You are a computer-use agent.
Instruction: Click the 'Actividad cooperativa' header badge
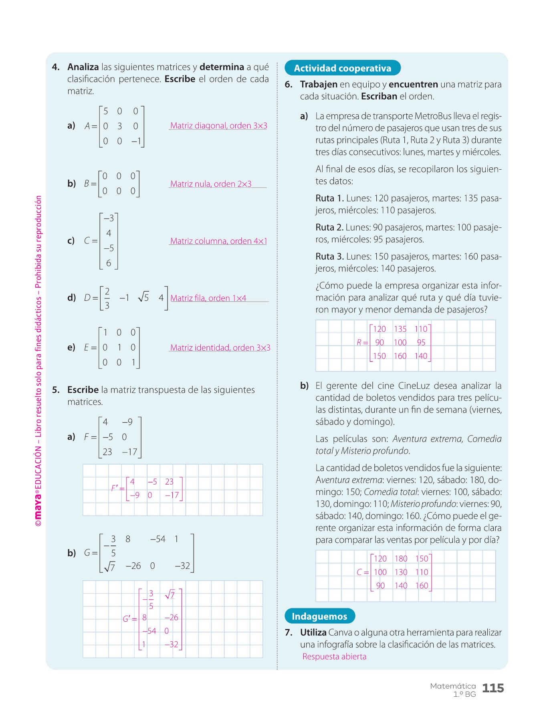tap(342, 68)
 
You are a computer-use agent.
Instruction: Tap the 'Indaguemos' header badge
tap(319, 617)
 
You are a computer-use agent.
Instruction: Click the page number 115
tap(493, 688)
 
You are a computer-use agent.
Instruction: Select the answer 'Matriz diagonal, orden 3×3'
tap(218, 126)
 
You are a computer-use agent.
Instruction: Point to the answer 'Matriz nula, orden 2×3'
tap(211, 184)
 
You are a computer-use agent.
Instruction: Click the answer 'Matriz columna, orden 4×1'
tap(218, 241)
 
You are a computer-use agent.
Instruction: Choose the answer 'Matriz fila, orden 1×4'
tap(208, 298)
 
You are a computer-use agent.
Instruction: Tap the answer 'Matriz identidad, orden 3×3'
tap(220, 348)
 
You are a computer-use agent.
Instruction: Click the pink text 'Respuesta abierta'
tap(334, 657)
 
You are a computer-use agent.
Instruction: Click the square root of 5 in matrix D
tap(143, 297)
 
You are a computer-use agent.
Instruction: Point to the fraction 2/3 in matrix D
tap(107, 298)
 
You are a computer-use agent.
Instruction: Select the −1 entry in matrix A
tap(136, 141)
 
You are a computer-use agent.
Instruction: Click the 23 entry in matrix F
tap(107, 452)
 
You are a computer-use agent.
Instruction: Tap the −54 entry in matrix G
tap(157, 539)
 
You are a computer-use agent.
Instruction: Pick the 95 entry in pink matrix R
tap(421, 343)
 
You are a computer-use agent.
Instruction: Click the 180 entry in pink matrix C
tap(401, 559)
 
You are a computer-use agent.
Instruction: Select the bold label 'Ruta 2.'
tap(329, 227)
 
